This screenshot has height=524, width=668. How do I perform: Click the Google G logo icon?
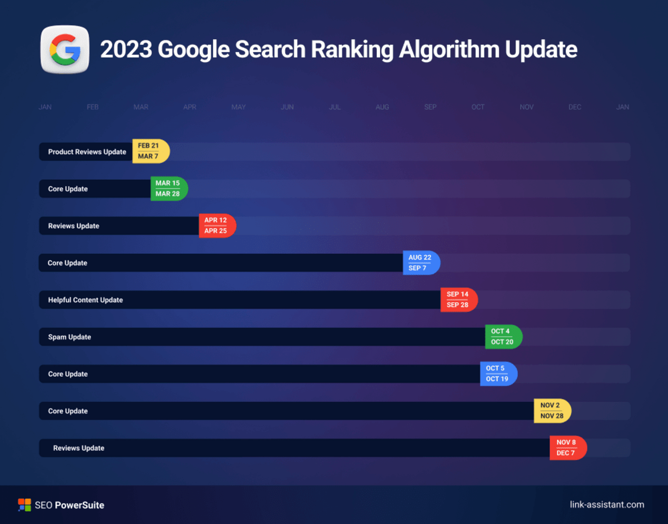click(x=65, y=50)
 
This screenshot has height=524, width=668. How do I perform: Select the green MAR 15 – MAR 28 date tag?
click(x=168, y=188)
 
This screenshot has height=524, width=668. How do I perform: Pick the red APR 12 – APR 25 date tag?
click(x=217, y=226)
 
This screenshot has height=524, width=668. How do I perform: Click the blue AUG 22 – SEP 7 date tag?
click(x=420, y=263)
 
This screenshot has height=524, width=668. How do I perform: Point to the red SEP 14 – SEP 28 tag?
click(x=458, y=299)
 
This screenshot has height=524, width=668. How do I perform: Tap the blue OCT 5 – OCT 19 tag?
click(x=498, y=374)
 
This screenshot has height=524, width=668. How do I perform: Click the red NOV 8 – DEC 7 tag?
click(x=567, y=448)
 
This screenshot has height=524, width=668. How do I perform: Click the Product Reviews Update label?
click(x=87, y=152)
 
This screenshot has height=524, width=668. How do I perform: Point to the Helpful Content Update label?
click(x=85, y=300)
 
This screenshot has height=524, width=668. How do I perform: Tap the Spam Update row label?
click(x=69, y=337)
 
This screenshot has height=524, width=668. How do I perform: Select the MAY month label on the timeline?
click(x=238, y=107)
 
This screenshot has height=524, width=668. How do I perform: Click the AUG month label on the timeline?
click(x=382, y=107)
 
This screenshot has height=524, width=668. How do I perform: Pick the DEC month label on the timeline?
click(x=574, y=107)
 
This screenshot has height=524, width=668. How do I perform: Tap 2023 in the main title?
click(x=126, y=50)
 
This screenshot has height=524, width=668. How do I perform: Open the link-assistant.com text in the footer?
click(x=607, y=504)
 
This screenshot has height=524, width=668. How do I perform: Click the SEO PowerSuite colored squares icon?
click(x=24, y=505)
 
